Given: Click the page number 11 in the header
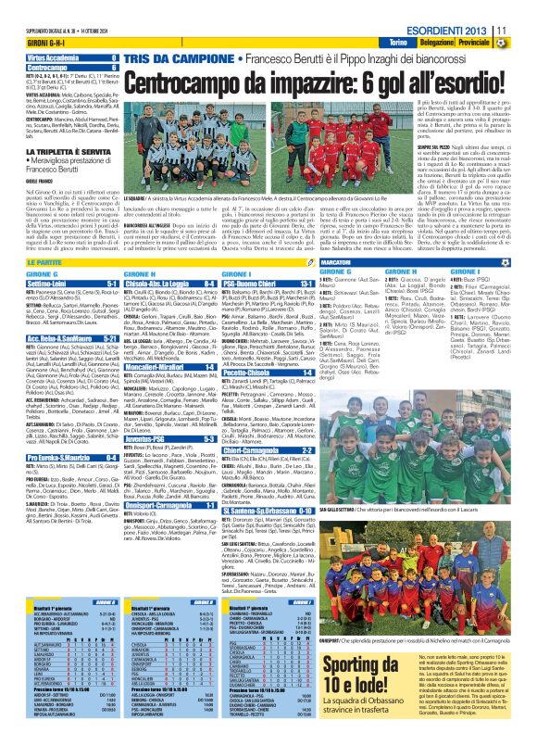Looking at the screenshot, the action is [x=526, y=28].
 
